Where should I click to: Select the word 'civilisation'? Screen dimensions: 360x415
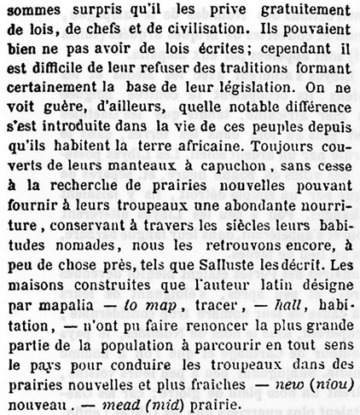point(182,32)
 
